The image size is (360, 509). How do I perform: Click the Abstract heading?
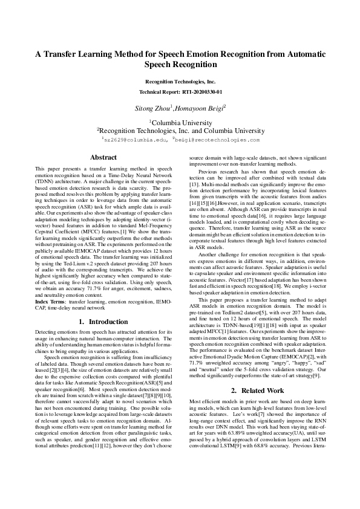[x=103, y=157]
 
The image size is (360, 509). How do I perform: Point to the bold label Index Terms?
[x=51, y=300]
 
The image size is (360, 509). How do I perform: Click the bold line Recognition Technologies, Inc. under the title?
[x=180, y=81]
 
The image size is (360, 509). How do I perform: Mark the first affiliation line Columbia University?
[x=180, y=121]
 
